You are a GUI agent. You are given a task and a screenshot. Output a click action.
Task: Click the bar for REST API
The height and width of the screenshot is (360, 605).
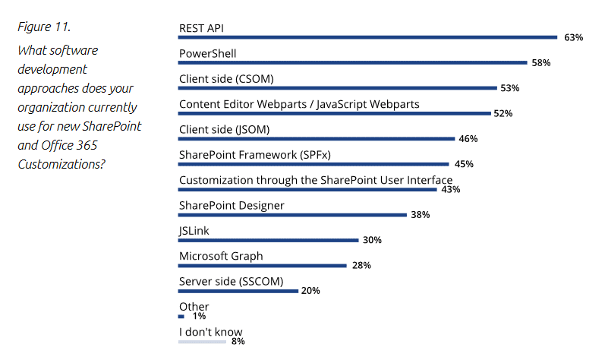[367, 36]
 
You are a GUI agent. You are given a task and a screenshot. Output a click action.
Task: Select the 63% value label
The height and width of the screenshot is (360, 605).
[573, 37]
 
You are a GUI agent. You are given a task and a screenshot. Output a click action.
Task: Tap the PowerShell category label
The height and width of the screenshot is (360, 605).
[207, 53]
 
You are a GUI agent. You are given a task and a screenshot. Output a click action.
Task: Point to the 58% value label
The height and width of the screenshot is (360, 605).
[540, 62]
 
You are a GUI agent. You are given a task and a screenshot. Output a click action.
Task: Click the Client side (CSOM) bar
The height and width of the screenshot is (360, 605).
[337, 87]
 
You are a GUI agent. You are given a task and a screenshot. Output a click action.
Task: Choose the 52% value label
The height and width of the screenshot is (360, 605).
[503, 113]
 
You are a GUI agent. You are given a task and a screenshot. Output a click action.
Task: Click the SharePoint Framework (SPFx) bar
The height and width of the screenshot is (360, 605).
[314, 163]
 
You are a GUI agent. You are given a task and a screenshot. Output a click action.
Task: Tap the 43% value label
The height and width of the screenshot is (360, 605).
[451, 189]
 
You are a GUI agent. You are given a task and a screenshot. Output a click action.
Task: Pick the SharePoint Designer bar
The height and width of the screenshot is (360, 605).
[292, 214]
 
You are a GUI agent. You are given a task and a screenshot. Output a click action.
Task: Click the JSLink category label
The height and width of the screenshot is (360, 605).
[195, 230]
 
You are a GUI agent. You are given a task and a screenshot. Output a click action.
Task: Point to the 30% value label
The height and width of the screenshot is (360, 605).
[372, 240]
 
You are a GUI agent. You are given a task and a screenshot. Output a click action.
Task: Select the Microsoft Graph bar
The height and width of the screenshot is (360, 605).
[262, 265]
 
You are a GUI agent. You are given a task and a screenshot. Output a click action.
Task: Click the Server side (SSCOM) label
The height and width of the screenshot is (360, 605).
[231, 281]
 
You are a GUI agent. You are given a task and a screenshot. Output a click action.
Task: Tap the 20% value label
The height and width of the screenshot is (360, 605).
[310, 291]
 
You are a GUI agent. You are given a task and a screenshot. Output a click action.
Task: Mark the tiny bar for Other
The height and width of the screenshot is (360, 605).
[181, 316]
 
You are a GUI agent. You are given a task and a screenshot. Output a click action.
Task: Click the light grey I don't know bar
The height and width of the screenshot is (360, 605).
[202, 342]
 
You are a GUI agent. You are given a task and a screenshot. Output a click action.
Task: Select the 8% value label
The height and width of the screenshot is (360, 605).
[238, 342]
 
